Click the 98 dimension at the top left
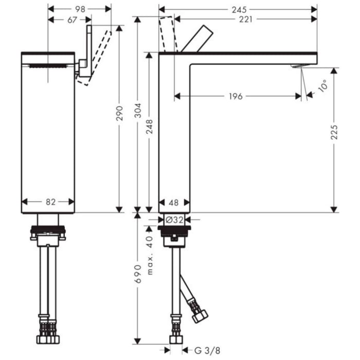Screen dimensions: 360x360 79,9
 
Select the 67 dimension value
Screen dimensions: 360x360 71,20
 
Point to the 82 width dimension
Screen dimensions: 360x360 50,202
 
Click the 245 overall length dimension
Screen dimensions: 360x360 239,9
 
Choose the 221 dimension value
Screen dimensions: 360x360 245,20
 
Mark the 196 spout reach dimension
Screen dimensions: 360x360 236,96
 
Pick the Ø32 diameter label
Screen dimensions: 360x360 174,219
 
